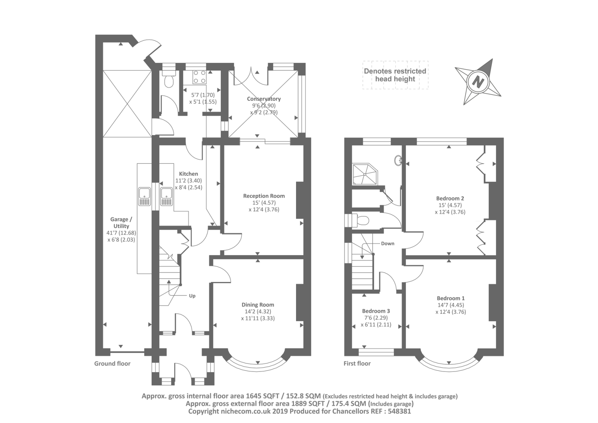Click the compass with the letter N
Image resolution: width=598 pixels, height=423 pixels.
(x=478, y=82)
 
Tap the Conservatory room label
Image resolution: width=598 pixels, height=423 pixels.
(x=264, y=99)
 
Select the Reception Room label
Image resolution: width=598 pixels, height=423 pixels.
(x=264, y=196)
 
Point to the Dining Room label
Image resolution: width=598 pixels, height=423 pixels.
(x=258, y=304)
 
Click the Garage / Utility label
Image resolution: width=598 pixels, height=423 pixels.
(x=121, y=223)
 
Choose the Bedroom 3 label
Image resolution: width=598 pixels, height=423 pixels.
(x=376, y=311)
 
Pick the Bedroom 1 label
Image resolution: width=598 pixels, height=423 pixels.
(x=451, y=298)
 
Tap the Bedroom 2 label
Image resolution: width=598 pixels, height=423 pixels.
(x=450, y=198)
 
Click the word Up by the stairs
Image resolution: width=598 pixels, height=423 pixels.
(x=192, y=296)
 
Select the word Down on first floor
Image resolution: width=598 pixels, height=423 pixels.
(x=388, y=243)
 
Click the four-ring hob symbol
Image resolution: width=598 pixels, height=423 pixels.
(x=200, y=77)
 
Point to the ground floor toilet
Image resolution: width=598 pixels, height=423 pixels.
(x=169, y=79)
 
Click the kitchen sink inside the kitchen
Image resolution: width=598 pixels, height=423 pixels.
(x=167, y=196)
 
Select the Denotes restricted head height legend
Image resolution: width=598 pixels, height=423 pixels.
(x=395, y=75)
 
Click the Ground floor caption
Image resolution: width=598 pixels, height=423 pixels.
(x=112, y=364)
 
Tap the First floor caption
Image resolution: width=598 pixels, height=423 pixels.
(x=357, y=364)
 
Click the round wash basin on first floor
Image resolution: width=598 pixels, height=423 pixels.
(x=398, y=160)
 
